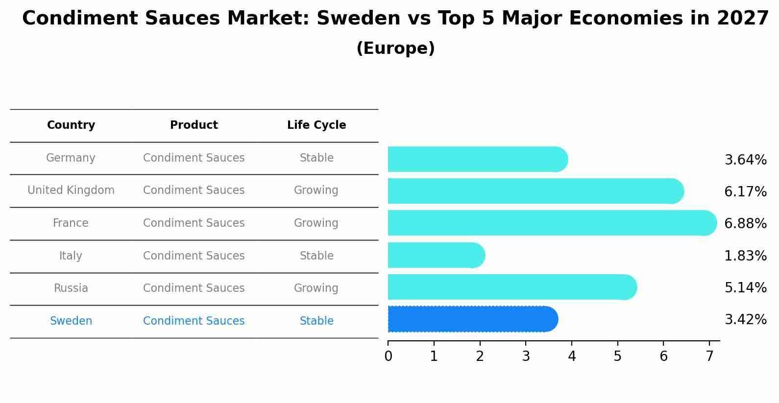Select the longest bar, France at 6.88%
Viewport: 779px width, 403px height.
tap(552, 223)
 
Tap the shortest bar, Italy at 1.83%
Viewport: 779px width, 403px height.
tap(436, 255)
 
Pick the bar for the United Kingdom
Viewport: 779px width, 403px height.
tap(536, 191)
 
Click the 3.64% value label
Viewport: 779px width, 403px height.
tap(745, 160)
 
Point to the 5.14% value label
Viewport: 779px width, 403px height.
tap(745, 287)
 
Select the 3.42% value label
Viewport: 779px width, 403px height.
tap(745, 320)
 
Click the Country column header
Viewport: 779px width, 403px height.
tap(71, 125)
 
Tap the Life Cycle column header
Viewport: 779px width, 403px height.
tap(316, 125)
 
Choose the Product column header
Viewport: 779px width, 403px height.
tap(194, 125)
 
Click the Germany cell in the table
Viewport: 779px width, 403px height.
tap(71, 158)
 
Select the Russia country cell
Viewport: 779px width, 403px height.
tap(71, 288)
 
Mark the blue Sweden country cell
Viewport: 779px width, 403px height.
tap(71, 321)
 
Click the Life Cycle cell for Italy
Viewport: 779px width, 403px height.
tap(316, 256)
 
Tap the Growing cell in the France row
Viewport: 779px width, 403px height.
tap(316, 223)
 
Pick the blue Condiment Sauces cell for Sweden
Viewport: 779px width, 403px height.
tap(194, 321)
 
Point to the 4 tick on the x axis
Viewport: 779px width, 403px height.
tap(572, 356)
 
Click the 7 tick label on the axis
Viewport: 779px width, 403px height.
tap(709, 356)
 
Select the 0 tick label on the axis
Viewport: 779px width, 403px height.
tap(388, 356)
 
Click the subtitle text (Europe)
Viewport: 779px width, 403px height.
tap(395, 48)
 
